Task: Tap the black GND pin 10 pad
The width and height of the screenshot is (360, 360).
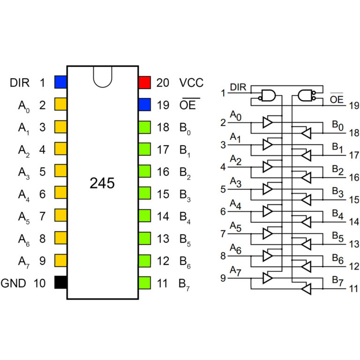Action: tap(60, 283)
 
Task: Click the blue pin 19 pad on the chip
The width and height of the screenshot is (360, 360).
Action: tap(144, 105)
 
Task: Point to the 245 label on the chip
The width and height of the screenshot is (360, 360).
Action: tap(102, 183)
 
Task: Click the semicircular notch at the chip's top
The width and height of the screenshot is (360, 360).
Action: tap(103, 76)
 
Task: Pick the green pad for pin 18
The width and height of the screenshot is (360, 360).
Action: tap(144, 127)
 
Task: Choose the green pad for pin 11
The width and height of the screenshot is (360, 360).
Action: tap(144, 283)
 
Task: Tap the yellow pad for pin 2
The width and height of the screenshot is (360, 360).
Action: tap(60, 105)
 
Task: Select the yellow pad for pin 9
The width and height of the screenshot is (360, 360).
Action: tap(60, 260)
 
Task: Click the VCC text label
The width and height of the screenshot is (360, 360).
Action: tap(191, 83)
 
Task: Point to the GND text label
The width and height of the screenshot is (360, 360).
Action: tap(14, 283)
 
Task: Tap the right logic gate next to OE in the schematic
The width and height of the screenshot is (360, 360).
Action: tap(306, 96)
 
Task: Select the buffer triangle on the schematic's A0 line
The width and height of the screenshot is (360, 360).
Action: tap(268, 122)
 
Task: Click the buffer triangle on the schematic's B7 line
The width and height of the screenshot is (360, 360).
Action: tap(306, 290)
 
